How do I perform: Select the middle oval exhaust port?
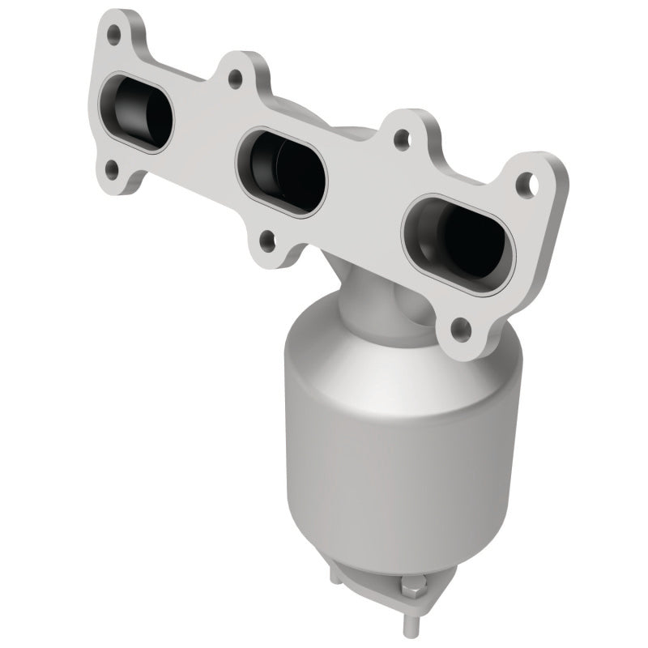[283, 166]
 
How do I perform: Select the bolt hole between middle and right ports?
[399, 139]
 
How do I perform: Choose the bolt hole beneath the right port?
[459, 327]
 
